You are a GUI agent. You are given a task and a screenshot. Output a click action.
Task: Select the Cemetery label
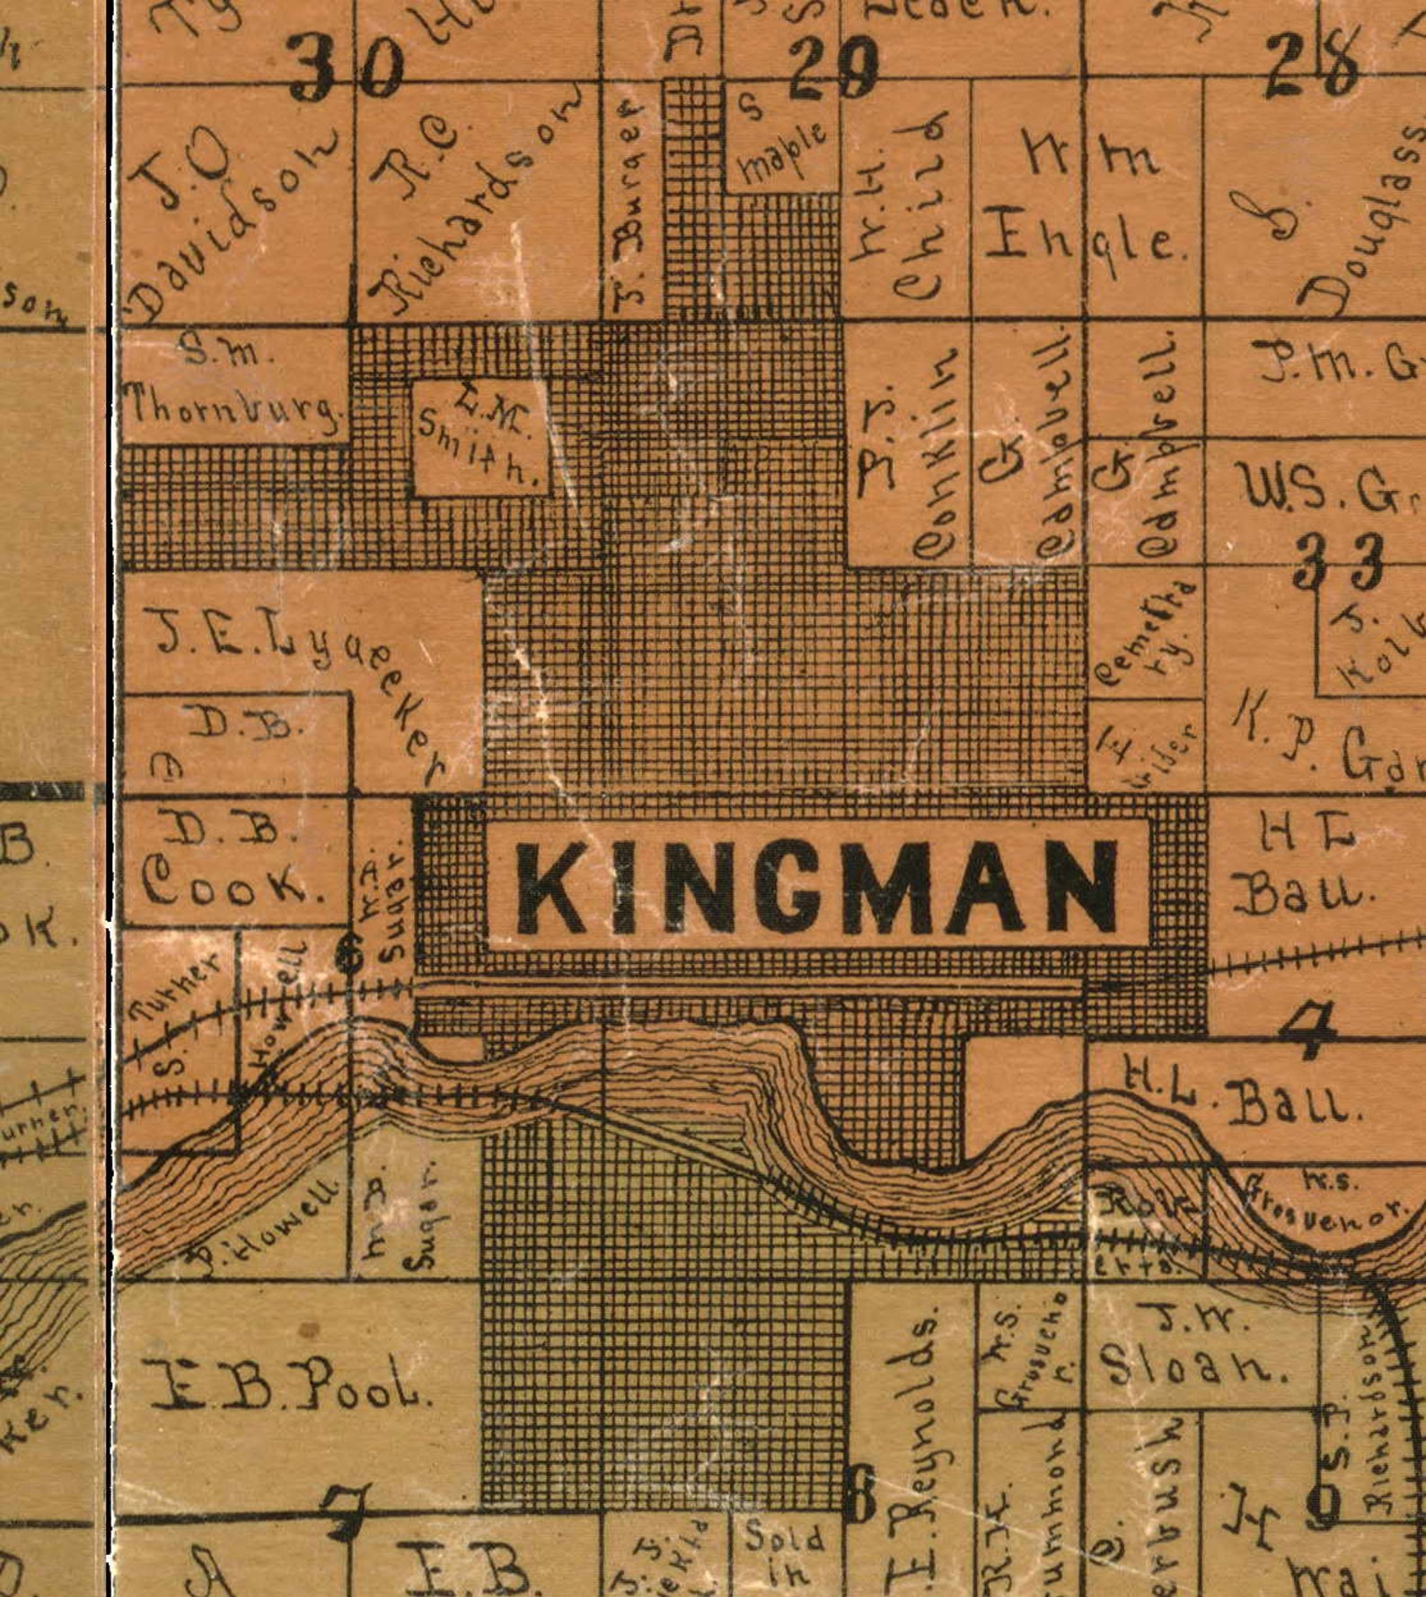tap(1144, 633)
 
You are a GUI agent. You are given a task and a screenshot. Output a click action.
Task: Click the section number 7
tap(348, 1513)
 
